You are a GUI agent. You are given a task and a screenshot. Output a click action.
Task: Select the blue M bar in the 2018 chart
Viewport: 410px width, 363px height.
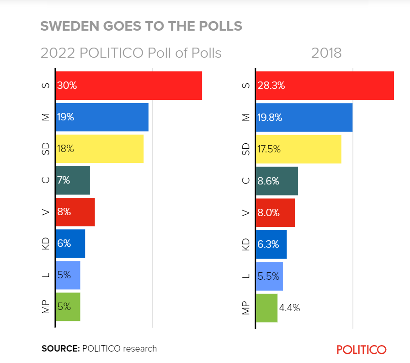pyautogui.click(x=304, y=117)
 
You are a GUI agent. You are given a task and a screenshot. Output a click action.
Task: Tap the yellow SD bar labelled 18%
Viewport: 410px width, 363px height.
pyautogui.click(x=100, y=149)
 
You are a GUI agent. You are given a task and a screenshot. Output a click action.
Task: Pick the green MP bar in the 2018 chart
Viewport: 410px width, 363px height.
pyautogui.click(x=266, y=308)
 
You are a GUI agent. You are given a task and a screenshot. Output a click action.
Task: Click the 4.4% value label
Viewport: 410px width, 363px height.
pyautogui.click(x=289, y=308)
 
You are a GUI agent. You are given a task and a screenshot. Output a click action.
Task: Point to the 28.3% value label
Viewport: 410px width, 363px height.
pyautogui.click(x=272, y=86)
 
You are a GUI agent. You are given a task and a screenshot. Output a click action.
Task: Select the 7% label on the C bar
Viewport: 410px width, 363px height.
pyautogui.click(x=64, y=180)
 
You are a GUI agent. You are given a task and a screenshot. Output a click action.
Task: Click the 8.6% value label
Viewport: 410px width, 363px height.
pyautogui.click(x=269, y=181)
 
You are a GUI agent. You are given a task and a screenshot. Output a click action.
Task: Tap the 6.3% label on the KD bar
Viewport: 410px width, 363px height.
pyautogui.click(x=268, y=244)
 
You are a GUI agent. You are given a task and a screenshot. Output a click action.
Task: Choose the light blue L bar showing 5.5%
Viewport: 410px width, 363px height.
pyautogui.click(x=269, y=276)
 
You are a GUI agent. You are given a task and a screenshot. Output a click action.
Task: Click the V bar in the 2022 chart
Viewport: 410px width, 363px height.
pyautogui.click(x=75, y=212)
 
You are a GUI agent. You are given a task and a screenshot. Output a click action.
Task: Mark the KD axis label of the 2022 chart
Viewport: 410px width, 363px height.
pyautogui.click(x=45, y=244)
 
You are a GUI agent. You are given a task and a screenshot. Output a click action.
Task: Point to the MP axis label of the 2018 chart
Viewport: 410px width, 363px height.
pyautogui.click(x=246, y=308)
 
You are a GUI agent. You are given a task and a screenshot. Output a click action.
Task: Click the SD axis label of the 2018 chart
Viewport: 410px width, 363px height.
pyautogui.click(x=246, y=149)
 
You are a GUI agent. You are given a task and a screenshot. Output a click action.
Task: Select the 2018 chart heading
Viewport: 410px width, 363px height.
pyautogui.click(x=326, y=53)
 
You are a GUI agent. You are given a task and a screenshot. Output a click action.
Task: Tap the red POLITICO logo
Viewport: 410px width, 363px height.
pyautogui.click(x=361, y=350)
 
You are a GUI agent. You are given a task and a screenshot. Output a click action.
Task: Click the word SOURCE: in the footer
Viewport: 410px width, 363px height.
pyautogui.click(x=60, y=348)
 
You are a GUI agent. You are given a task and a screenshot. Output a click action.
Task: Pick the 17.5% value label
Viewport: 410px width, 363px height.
pyautogui.click(x=269, y=149)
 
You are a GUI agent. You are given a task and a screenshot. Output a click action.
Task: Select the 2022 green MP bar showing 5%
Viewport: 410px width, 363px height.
pyautogui.click(x=68, y=307)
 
